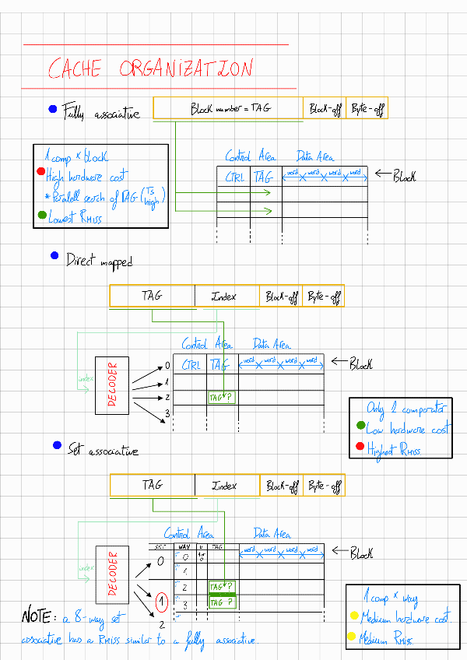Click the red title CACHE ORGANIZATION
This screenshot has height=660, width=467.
tap(150, 69)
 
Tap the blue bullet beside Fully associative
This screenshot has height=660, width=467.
tap(52, 110)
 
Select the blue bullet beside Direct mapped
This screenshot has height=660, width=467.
tap(54, 255)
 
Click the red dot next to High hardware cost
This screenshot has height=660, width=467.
tap(40, 172)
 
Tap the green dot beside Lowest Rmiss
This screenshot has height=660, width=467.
tap(41, 214)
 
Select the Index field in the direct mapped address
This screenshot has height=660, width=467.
tap(226, 297)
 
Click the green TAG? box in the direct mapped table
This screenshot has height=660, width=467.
tap(222, 398)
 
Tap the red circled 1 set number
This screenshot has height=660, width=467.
tap(162, 602)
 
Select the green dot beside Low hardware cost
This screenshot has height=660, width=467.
tap(360, 426)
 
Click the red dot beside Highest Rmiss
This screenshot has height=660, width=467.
tap(359, 446)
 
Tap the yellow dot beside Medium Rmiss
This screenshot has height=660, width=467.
tap(354, 638)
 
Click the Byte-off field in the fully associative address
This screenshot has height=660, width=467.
tap(367, 109)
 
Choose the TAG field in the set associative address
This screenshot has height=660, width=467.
tap(153, 486)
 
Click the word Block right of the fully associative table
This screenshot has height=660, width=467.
tap(403, 176)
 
